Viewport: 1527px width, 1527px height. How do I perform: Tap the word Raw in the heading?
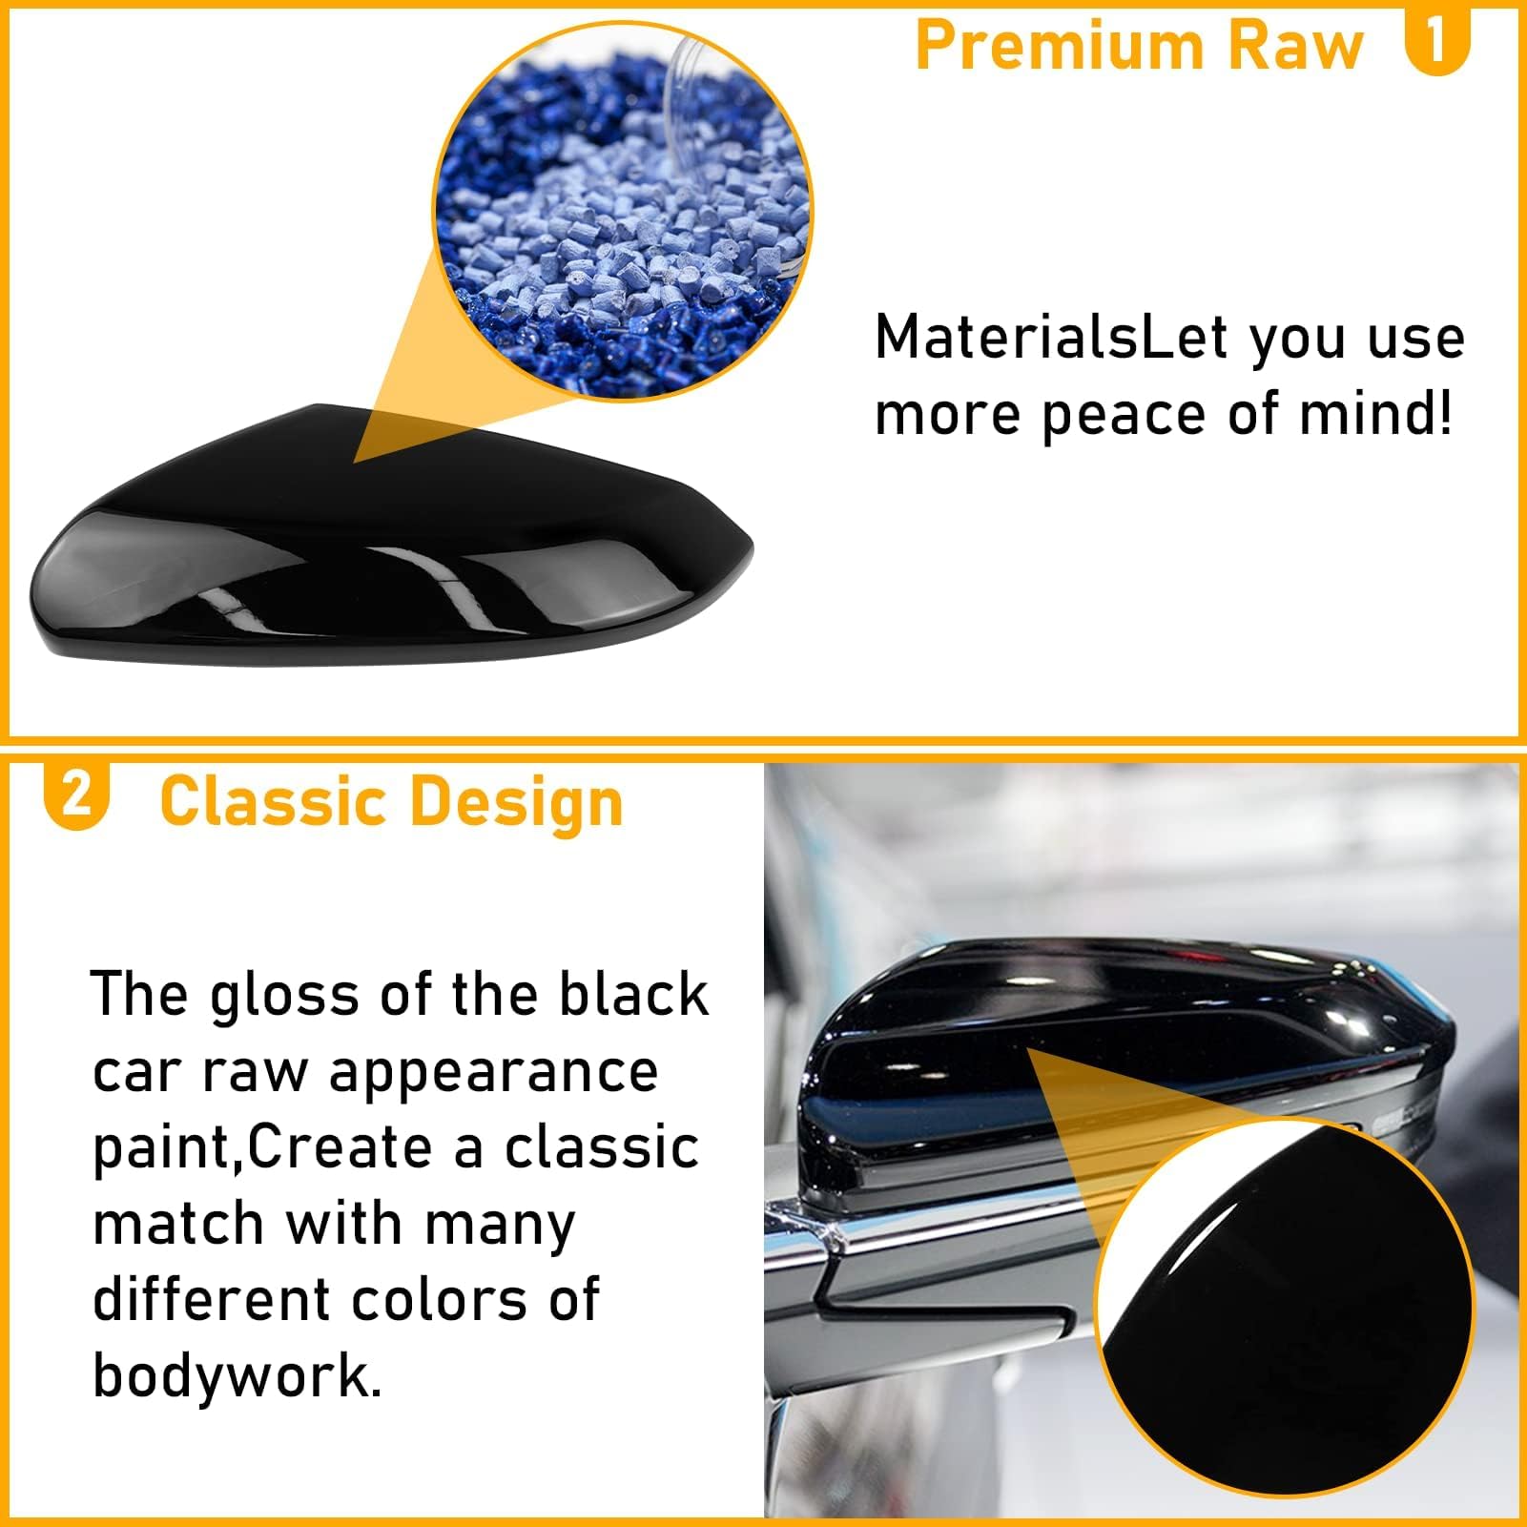pos(1297,45)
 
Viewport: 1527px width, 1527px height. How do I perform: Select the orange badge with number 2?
pos(76,794)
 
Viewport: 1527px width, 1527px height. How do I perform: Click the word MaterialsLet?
pos(1050,338)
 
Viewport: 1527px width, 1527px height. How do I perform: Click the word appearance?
pos(493,1073)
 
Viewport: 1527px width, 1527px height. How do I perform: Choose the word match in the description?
pos(177,1225)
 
